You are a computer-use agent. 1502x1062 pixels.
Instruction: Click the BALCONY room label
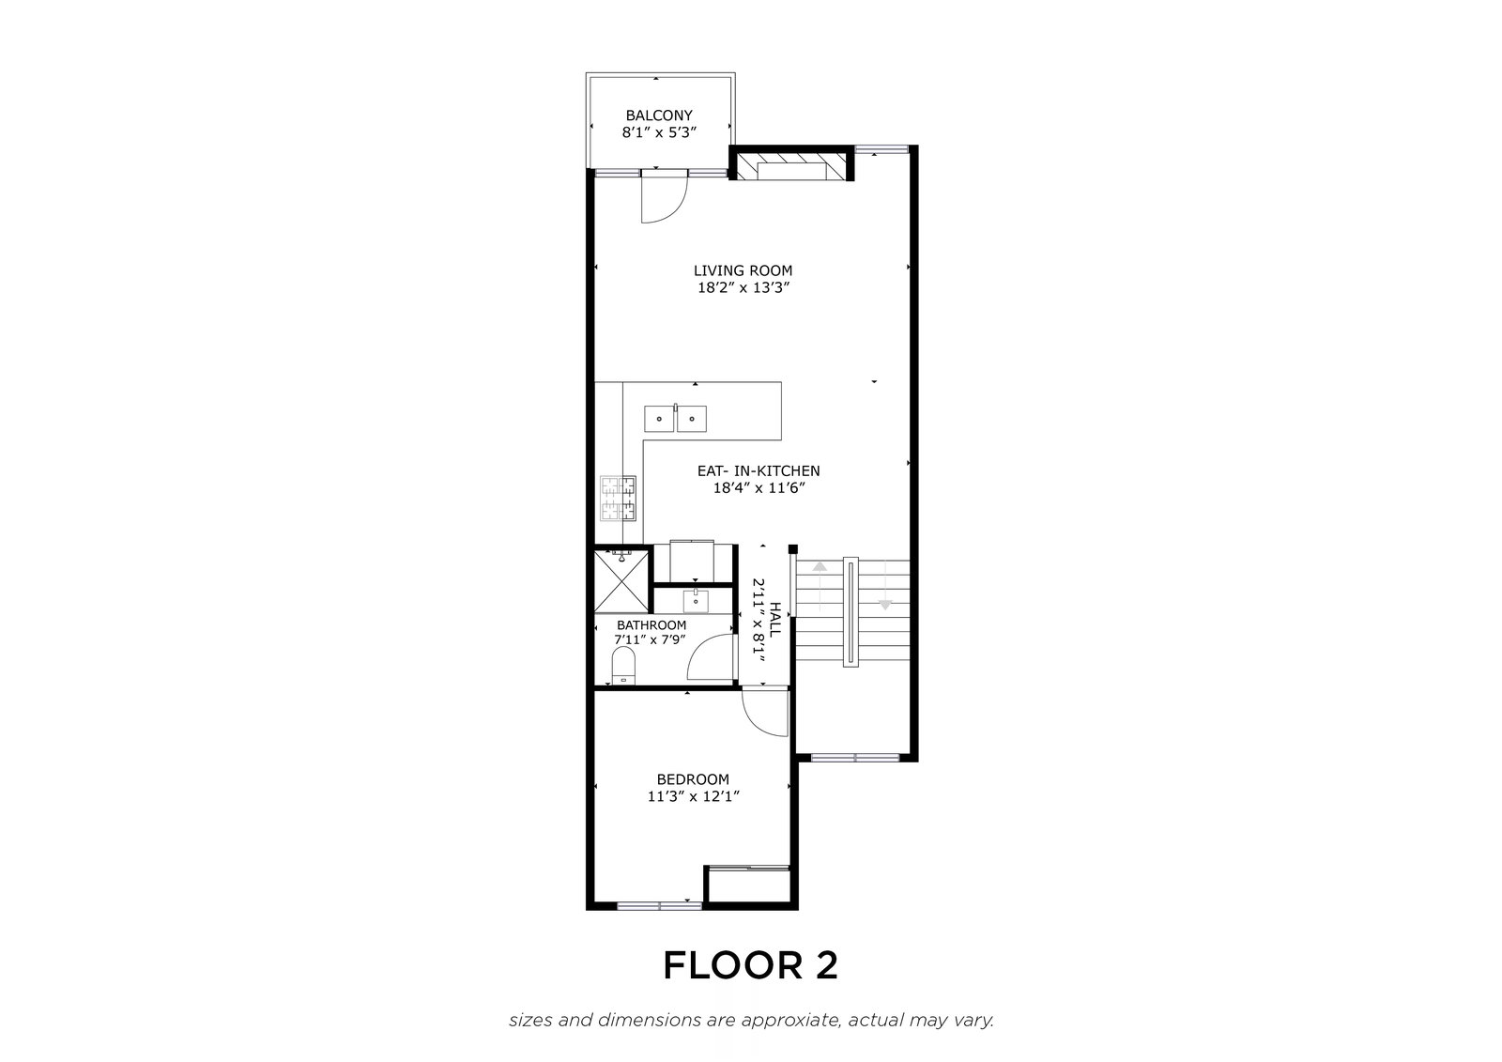[659, 115]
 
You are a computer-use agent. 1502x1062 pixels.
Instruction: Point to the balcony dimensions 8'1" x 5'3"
[659, 132]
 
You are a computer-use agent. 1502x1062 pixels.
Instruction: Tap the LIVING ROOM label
[743, 270]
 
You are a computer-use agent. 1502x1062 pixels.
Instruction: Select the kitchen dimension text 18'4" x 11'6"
[759, 487]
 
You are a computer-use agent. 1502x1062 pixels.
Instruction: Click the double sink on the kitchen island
[675, 419]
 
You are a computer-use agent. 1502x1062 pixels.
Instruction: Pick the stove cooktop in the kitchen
[618, 498]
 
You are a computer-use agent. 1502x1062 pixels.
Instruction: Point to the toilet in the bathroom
[623, 666]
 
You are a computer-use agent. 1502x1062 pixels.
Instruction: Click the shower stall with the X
[621, 580]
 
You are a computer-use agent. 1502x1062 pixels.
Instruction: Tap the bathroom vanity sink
[696, 600]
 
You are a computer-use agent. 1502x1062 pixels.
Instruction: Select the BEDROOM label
[693, 778]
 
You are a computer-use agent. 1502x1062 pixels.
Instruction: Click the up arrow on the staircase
[820, 566]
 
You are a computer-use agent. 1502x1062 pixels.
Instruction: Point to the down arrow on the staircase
[885, 605]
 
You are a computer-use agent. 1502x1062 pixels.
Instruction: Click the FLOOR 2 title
[750, 965]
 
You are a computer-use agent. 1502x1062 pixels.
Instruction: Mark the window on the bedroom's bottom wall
[659, 906]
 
